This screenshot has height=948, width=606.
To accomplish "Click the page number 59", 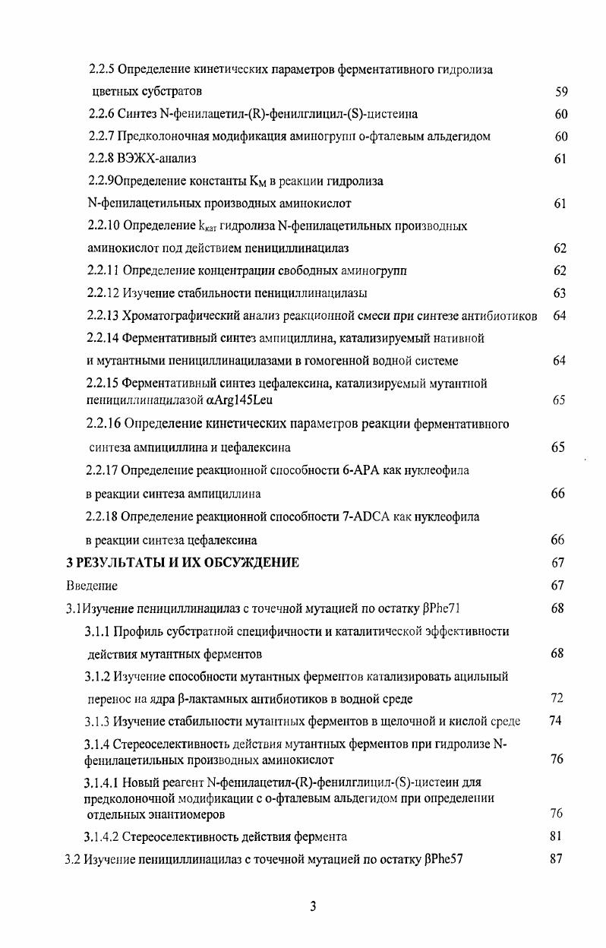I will coord(561,92).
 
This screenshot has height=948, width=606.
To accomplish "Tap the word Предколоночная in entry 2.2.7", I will coord(162,137).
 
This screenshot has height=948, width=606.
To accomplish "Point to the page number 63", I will coord(559,293).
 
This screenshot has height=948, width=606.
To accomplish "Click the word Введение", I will coord(91,586).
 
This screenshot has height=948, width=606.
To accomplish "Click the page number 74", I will coord(556,721).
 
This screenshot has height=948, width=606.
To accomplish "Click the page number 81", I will coord(555,837).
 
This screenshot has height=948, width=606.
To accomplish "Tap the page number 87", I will coord(555,860).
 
